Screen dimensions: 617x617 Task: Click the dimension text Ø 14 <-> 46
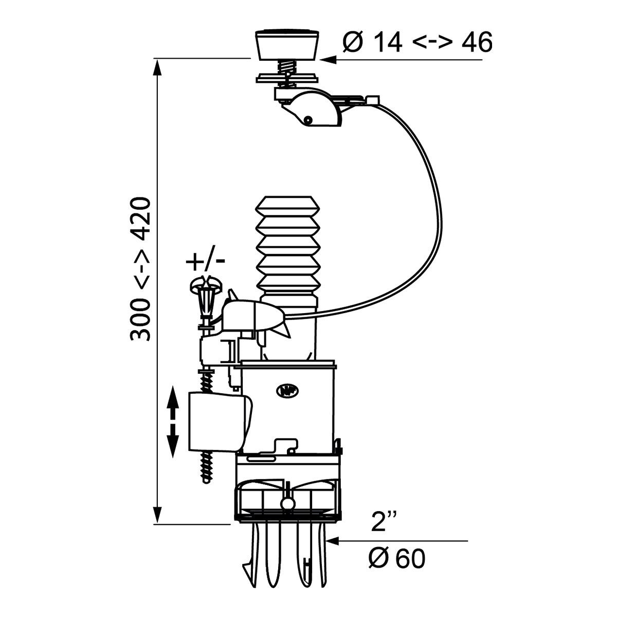(417, 43)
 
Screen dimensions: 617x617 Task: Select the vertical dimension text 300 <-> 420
(140, 268)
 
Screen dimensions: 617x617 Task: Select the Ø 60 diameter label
(397, 558)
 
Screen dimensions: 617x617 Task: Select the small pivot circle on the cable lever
(307, 119)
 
